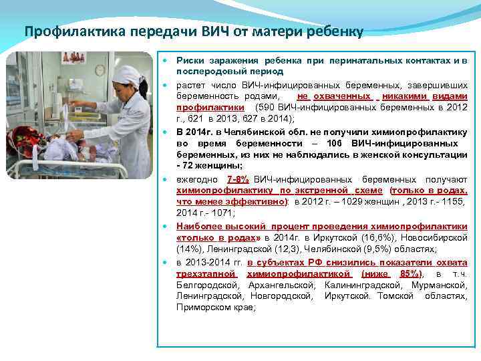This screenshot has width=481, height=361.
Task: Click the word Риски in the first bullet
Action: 190,61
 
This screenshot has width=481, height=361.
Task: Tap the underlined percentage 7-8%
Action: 238,179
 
